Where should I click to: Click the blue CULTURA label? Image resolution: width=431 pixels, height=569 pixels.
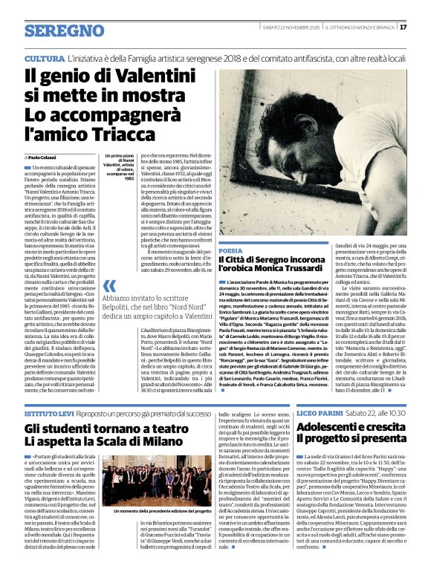click(x=44, y=58)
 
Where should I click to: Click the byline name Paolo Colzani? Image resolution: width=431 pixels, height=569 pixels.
click(x=47, y=158)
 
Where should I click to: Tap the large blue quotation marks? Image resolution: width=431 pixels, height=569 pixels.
click(x=109, y=286)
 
